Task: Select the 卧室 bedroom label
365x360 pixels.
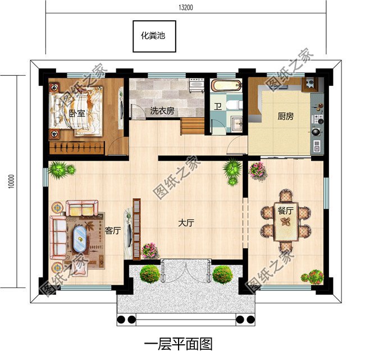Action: click(77, 113)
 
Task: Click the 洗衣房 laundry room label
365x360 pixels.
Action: click(162, 111)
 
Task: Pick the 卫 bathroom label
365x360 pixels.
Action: click(217, 106)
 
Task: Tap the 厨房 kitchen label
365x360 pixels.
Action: click(285, 117)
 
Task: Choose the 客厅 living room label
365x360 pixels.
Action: click(113, 230)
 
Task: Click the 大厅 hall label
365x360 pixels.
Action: click(186, 223)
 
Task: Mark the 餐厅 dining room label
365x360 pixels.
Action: click(285, 211)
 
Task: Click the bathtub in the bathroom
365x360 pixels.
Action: click(226, 86)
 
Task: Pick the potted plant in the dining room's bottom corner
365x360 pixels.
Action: click(312, 276)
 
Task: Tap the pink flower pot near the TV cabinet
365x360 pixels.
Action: click(149, 250)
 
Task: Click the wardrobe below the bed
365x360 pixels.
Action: click(77, 148)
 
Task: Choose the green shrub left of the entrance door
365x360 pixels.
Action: click(149, 274)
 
